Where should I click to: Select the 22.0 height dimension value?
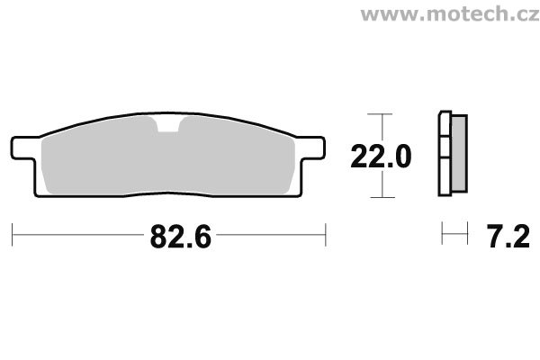[x=382, y=158]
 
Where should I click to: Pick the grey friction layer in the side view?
[x=457, y=155]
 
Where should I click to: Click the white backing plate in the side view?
[x=443, y=155]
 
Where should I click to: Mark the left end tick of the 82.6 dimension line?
[x=13, y=236]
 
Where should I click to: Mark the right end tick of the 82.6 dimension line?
[x=325, y=236]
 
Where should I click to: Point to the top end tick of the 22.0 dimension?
[x=383, y=115]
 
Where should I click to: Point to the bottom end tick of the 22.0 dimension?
[x=383, y=197]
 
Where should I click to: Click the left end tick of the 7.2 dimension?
[x=442, y=236]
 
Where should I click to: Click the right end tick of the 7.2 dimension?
[x=467, y=236]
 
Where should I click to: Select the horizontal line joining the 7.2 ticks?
[x=454, y=237]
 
